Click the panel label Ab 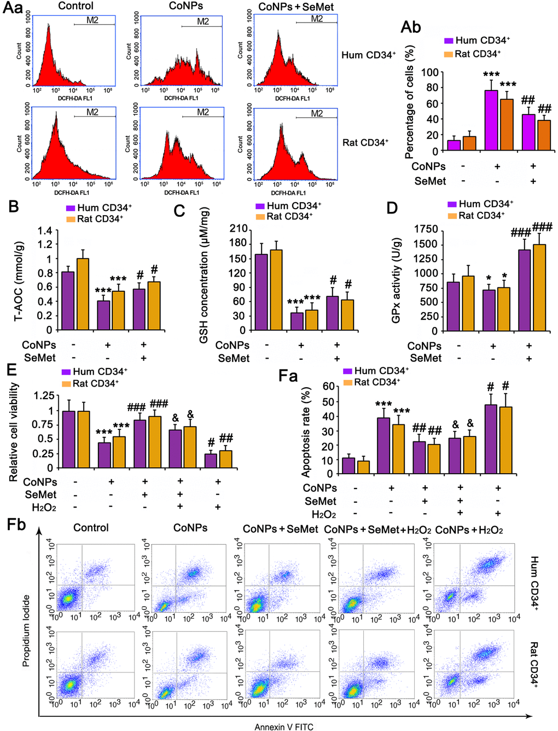[410, 27]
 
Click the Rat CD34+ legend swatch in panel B [71, 219]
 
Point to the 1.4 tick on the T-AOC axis [45, 231]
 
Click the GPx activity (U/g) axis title [397, 280]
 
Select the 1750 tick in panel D [426, 229]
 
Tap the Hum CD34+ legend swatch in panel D [452, 204]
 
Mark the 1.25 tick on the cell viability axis [44, 395]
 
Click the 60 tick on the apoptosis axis [328, 386]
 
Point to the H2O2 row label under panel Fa [324, 514]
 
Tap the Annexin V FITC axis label [284, 727]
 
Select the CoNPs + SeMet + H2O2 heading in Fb [377, 529]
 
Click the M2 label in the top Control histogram [92, 20]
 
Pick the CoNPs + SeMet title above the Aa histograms [296, 7]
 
